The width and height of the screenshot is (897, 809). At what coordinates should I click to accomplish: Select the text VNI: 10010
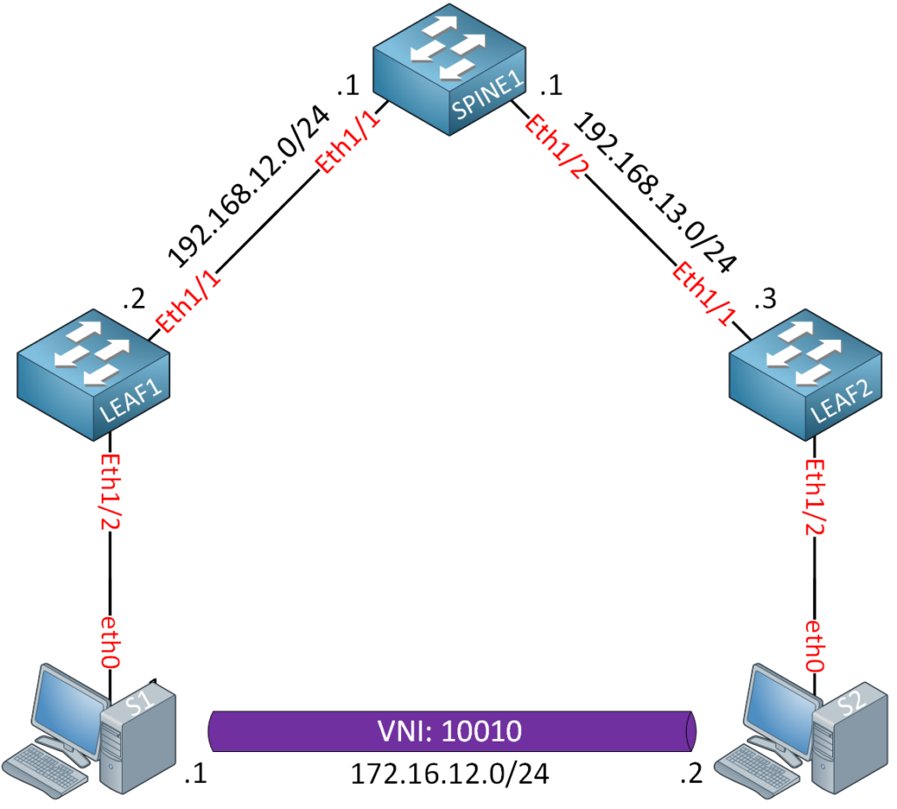pyautogui.click(x=448, y=730)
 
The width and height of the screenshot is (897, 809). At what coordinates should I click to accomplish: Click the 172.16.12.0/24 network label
pyautogui.click(x=448, y=775)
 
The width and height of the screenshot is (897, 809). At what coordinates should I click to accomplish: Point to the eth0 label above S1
pyautogui.click(x=109, y=645)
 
